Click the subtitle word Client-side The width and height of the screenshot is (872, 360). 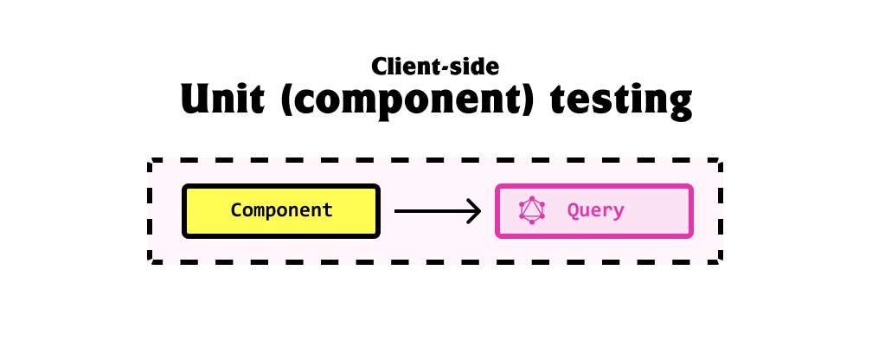(435, 67)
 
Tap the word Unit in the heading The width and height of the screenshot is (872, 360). (221, 99)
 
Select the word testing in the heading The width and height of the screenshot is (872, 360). (621, 102)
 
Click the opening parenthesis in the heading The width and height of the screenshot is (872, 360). (287, 100)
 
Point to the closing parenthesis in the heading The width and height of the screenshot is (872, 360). (527, 100)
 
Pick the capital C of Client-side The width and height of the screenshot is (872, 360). (379, 67)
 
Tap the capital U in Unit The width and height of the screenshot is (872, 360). (196, 99)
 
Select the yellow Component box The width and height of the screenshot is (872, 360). (281, 211)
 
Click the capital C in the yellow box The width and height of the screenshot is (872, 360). (236, 210)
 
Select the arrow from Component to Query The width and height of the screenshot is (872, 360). (437, 211)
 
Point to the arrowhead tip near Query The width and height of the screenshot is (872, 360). (480, 211)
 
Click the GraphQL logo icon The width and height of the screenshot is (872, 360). (532, 210)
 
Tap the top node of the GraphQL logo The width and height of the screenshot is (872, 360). (532, 199)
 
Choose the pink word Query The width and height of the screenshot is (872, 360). (595, 211)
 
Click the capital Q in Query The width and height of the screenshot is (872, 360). (573, 211)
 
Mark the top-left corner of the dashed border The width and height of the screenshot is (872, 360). (150, 160)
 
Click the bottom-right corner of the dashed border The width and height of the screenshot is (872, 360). (721, 261)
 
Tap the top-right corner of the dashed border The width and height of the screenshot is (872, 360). (721, 160)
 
